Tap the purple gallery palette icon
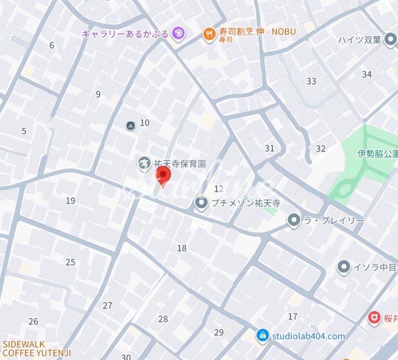point(178,33)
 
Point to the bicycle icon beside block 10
point(131,126)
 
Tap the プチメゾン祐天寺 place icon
point(201,203)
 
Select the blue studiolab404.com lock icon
point(262,336)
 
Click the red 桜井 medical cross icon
point(374,317)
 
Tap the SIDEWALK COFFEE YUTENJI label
point(37,349)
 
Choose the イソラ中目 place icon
point(343,267)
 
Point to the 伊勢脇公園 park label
point(378,154)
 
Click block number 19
point(70,201)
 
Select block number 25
point(70,262)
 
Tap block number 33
point(311,81)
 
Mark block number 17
point(293,316)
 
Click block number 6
point(51,45)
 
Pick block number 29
point(219,332)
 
